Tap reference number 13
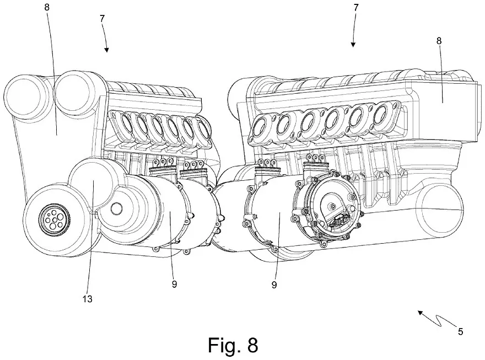click(87, 299)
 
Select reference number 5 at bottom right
click(460, 331)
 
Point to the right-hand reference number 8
click(439, 41)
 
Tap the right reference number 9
click(274, 285)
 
